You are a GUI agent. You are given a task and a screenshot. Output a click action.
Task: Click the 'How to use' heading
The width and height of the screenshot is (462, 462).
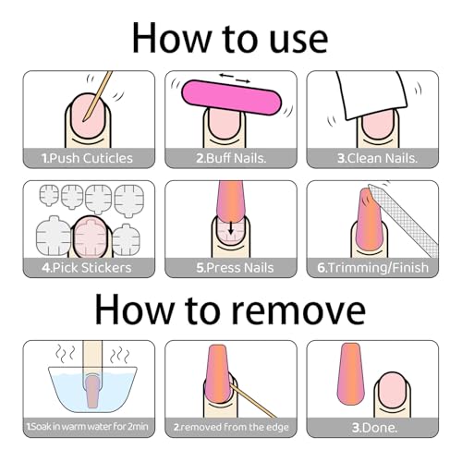230,39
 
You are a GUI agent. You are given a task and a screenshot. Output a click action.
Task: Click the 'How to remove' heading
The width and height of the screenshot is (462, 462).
230,309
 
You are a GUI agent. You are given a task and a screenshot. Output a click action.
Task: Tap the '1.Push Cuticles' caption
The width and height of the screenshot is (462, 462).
87,158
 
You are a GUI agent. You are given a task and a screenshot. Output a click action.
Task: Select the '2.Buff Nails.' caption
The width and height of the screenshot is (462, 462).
231,158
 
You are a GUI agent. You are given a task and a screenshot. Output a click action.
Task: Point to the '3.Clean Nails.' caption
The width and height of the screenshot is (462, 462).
377,158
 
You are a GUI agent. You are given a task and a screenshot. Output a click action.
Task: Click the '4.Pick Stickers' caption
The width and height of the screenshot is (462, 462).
87,268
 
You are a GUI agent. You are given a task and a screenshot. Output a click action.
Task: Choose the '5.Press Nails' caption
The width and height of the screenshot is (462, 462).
235,268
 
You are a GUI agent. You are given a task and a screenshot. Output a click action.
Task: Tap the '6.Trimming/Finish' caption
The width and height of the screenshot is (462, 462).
372,268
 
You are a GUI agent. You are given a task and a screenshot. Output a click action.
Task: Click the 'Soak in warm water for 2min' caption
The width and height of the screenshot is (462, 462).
88,427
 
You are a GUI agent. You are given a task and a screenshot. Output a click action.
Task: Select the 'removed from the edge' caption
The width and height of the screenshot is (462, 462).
231,427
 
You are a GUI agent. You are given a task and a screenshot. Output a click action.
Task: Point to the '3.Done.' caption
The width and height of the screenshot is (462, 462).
374,428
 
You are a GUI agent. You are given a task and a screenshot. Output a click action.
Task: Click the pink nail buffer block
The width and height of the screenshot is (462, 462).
231,97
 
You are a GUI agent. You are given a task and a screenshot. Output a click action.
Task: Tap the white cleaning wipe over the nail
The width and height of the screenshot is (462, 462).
371,95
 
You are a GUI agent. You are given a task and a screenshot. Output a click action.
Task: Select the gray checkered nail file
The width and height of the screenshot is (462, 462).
404,221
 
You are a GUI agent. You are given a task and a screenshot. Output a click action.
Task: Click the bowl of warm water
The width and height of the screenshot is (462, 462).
92,390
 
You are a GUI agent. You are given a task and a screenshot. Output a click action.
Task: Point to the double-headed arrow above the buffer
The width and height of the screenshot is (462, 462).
235,78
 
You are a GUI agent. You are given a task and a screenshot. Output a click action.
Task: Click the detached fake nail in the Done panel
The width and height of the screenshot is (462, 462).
351,374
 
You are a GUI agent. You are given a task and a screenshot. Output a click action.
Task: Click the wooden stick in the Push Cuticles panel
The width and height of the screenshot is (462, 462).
97,96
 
